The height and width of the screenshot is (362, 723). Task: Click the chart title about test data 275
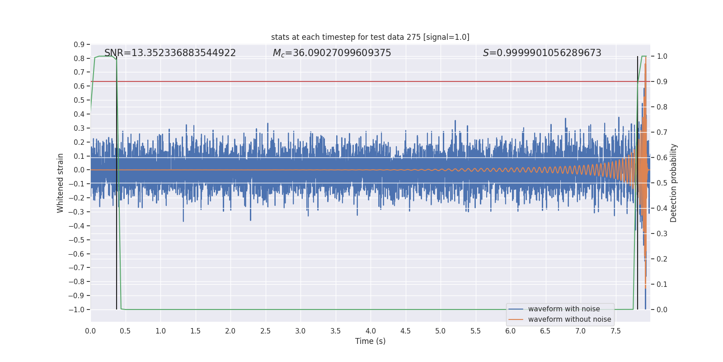(370, 37)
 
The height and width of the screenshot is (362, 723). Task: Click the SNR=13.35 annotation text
(170, 53)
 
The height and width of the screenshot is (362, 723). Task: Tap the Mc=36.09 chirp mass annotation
(332, 53)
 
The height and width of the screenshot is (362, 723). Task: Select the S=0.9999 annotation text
(542, 53)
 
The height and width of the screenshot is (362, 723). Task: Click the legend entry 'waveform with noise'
(564, 309)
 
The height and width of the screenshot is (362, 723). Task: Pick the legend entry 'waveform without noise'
(569, 319)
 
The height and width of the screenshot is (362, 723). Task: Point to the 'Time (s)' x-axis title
(370, 341)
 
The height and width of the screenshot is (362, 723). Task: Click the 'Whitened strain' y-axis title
(61, 183)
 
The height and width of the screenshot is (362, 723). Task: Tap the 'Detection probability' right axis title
(674, 183)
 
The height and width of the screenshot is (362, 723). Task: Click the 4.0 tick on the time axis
(371, 331)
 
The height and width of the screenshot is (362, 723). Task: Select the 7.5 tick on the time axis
(615, 331)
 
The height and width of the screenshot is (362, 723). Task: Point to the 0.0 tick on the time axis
(90, 331)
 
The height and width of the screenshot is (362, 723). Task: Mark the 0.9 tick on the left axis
(79, 44)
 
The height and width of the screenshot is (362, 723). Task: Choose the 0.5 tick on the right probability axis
(662, 183)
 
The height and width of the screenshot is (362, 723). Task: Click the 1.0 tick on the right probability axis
(662, 56)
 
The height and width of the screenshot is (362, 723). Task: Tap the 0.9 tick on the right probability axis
(662, 81)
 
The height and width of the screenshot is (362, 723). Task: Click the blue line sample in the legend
(516, 309)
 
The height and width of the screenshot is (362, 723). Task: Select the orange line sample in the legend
(516, 319)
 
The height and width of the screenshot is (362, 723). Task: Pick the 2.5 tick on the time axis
(265, 331)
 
